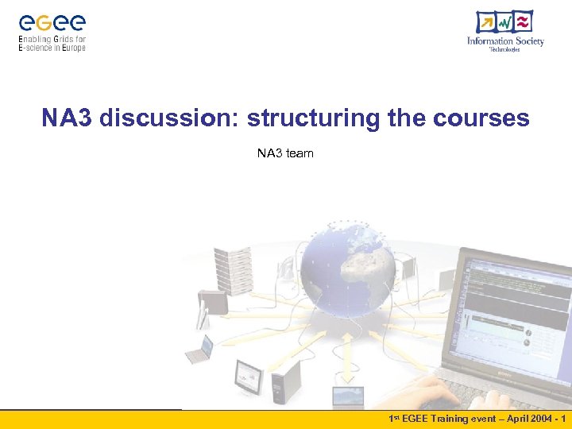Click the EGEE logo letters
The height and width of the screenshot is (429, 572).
(x=52, y=21)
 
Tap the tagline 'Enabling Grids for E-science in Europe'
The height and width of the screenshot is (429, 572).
(x=52, y=43)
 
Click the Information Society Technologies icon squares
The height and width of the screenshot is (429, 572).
(x=504, y=22)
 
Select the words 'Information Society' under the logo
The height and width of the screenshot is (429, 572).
(x=505, y=41)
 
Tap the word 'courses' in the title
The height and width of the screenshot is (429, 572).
(x=481, y=118)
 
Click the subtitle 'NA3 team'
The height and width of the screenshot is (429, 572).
(x=285, y=153)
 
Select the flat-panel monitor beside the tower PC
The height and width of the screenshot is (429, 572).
(x=249, y=375)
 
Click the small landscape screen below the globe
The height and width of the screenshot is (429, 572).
(x=348, y=396)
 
